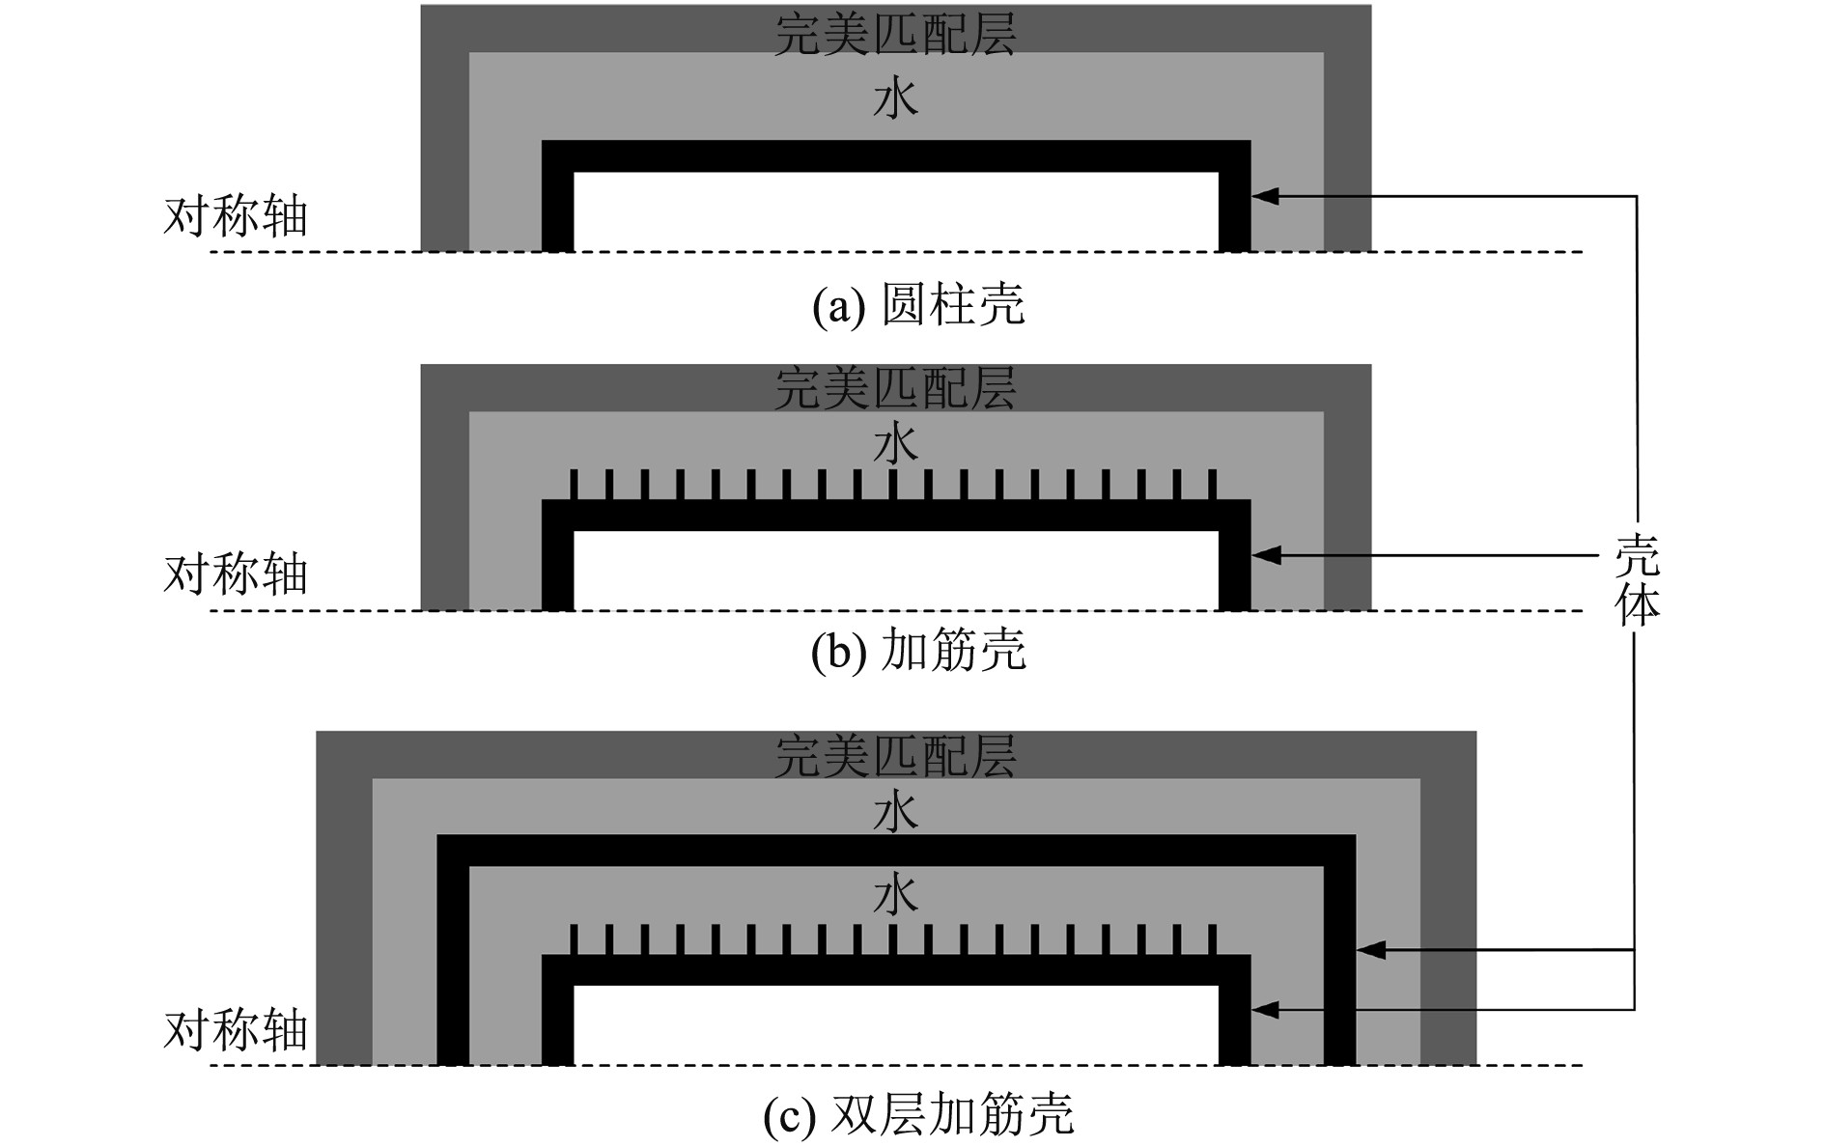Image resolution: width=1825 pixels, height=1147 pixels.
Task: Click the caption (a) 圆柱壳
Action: point(918,306)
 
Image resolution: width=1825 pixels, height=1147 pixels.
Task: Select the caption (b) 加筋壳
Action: point(918,652)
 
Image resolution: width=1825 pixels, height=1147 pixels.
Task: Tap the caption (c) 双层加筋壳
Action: point(918,1116)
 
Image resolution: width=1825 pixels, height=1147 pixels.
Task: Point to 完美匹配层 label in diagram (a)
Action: point(895,34)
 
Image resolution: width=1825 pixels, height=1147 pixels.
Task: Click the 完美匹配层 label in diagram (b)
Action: point(895,388)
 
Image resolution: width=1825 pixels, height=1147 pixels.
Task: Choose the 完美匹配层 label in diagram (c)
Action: point(895,755)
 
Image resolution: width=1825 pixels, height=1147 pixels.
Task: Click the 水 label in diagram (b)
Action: point(895,445)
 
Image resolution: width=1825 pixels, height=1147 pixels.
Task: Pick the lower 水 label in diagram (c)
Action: point(895,894)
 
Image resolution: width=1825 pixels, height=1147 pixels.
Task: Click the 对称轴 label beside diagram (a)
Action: point(236,216)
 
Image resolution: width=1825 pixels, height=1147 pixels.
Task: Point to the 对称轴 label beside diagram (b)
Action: point(236,574)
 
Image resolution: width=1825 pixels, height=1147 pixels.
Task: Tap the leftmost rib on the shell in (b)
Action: point(575,485)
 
